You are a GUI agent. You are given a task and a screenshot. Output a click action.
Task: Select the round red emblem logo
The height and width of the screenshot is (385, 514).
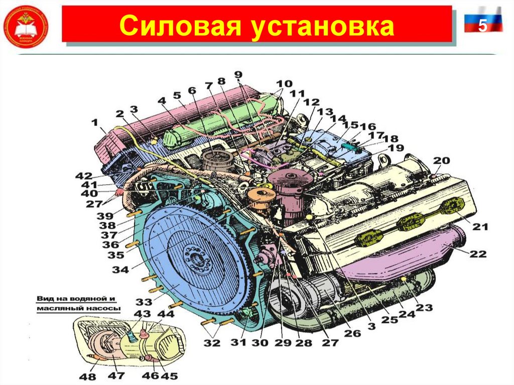[x=26, y=26]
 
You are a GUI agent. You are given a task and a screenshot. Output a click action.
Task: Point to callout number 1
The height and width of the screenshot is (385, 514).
[x=95, y=122]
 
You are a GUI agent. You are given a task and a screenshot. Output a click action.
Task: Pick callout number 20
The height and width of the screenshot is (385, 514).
[x=442, y=161]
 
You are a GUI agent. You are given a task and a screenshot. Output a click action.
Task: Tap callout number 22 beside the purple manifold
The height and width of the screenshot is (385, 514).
[x=478, y=254]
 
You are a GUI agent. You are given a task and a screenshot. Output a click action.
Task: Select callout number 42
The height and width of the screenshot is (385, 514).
[x=84, y=176]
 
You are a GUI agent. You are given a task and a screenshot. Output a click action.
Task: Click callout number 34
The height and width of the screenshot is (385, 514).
[x=120, y=269]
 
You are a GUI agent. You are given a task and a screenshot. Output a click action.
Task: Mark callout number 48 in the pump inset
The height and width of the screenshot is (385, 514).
[x=84, y=375]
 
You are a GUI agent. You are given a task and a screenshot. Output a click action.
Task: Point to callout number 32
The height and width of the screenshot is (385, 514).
[x=211, y=343]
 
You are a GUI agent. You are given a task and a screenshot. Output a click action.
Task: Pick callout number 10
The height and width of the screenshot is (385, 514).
[x=284, y=83]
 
